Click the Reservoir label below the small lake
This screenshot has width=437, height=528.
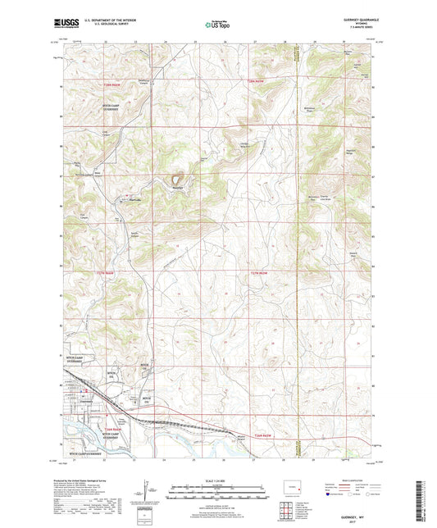(x=176, y=187)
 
